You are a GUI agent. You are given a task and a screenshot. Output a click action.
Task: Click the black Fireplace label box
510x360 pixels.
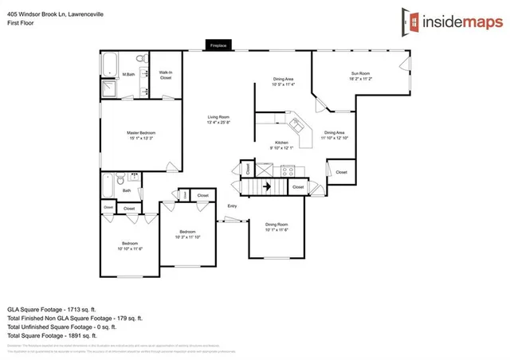(218, 46)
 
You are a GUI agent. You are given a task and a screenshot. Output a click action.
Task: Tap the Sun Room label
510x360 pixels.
(361, 74)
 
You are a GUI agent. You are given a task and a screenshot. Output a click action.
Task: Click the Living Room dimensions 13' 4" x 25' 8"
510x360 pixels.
(218, 123)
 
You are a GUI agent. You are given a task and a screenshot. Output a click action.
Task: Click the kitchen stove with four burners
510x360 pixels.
(288, 170)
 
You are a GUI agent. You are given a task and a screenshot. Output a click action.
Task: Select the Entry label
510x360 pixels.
(233, 206)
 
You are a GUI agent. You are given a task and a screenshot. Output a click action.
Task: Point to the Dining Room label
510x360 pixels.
(277, 225)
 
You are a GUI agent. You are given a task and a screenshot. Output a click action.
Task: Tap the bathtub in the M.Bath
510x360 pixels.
(110, 61)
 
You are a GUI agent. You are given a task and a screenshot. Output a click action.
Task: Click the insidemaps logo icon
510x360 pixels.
(412, 22)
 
